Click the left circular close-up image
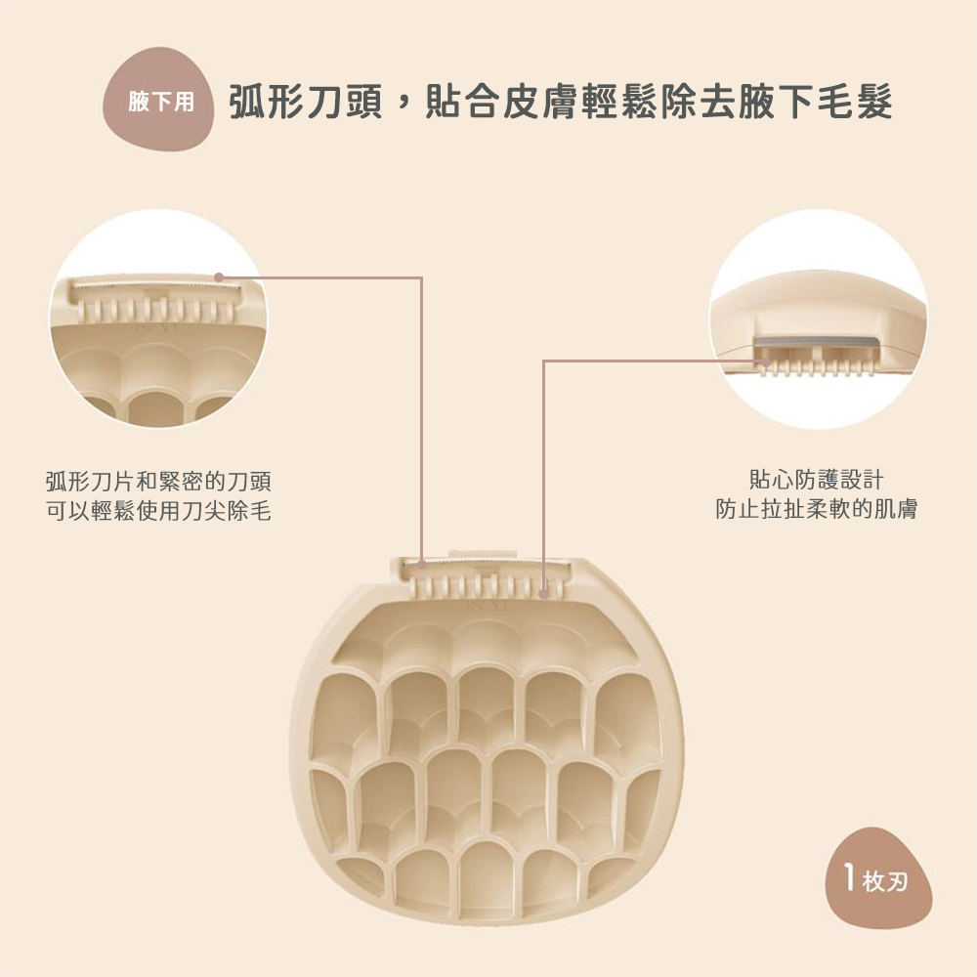[x=158, y=319]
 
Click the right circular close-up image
[x=819, y=319]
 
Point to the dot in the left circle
[x=219, y=276]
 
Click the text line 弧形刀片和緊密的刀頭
[x=158, y=481]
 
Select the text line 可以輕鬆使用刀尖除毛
[x=158, y=509]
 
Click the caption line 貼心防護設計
[x=816, y=481]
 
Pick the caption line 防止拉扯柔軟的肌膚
[x=816, y=509]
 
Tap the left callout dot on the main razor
[x=421, y=565]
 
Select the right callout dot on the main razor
[x=543, y=592]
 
